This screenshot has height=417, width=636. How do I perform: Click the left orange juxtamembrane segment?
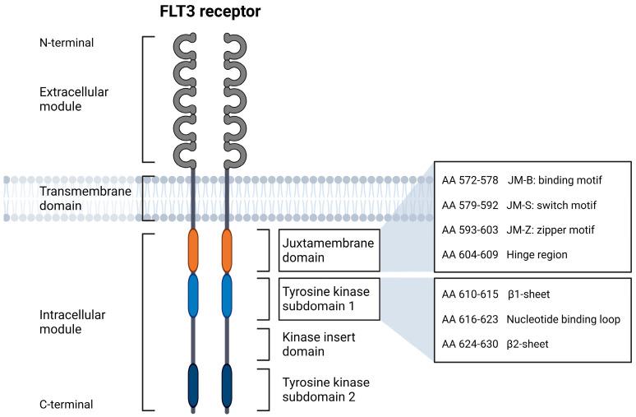tap(194, 251)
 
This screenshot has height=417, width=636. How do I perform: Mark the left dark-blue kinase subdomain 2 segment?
tap(194, 385)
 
